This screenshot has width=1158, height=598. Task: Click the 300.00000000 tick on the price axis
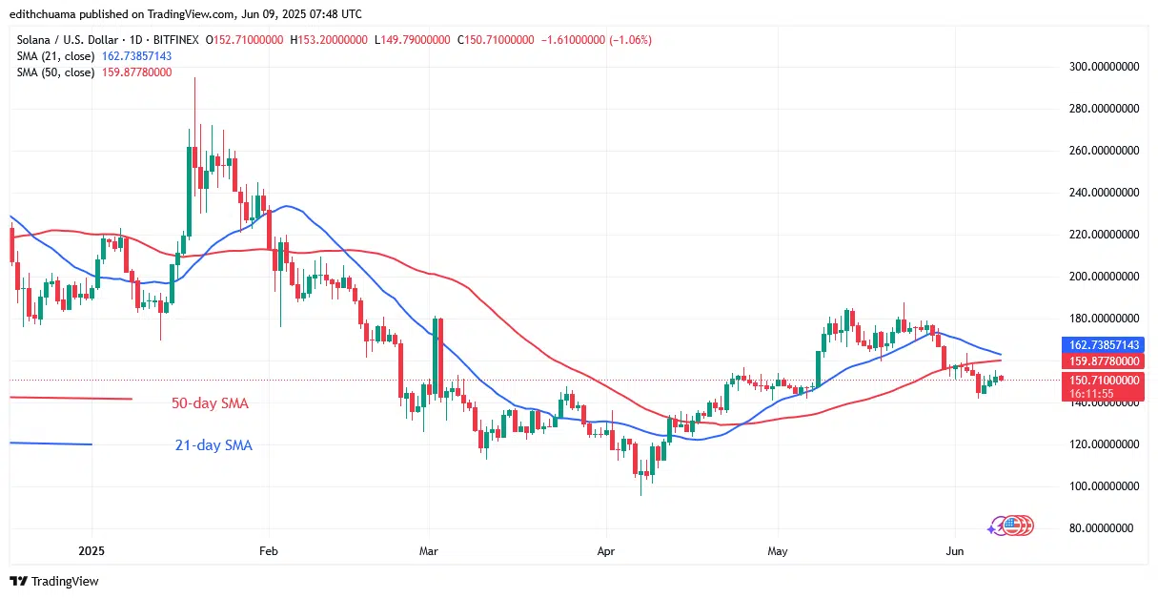[x=1103, y=67]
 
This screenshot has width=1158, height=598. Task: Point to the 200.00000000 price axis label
[x=1103, y=277]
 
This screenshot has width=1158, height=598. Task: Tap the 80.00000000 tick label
[x=1106, y=527]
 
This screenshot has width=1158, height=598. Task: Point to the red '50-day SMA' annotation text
[x=209, y=403]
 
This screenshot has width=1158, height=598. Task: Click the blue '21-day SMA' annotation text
[x=213, y=444]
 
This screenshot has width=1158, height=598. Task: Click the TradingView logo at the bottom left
[x=54, y=581]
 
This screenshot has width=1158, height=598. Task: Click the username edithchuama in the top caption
[x=46, y=13]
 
